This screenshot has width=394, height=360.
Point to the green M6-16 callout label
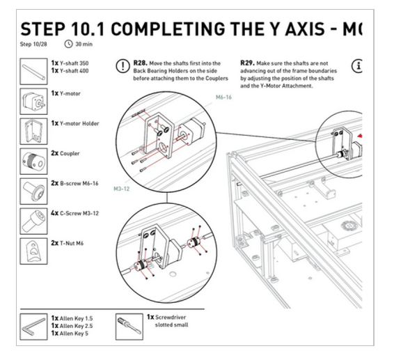224,99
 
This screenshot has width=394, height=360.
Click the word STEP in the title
45,30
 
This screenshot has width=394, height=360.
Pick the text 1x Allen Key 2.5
74,324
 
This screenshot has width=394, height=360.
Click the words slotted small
173,324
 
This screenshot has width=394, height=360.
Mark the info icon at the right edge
359,66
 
